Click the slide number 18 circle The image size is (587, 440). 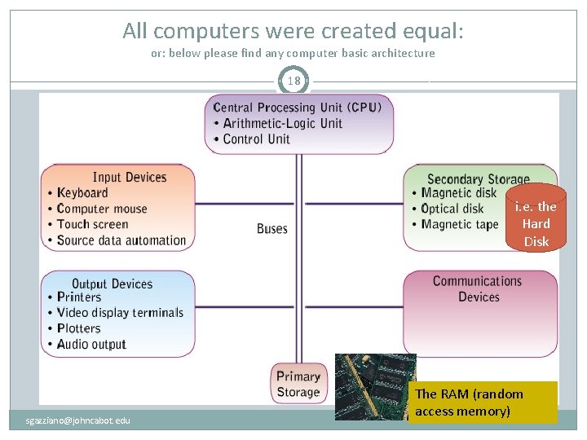294,81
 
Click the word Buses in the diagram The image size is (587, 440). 272,229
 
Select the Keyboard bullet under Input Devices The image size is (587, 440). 82,193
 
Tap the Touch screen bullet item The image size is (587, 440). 92,225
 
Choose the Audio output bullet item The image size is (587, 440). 91,345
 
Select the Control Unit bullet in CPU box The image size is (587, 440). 256,139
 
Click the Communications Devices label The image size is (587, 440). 478,289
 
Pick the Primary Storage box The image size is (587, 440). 298,384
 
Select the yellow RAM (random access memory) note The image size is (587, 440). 483,403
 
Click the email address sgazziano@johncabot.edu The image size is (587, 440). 77,420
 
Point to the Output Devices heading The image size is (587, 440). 113,284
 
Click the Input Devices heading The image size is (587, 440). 130,177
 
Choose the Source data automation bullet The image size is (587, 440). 121,240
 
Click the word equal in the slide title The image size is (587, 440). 432,31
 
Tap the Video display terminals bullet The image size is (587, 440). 120,313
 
